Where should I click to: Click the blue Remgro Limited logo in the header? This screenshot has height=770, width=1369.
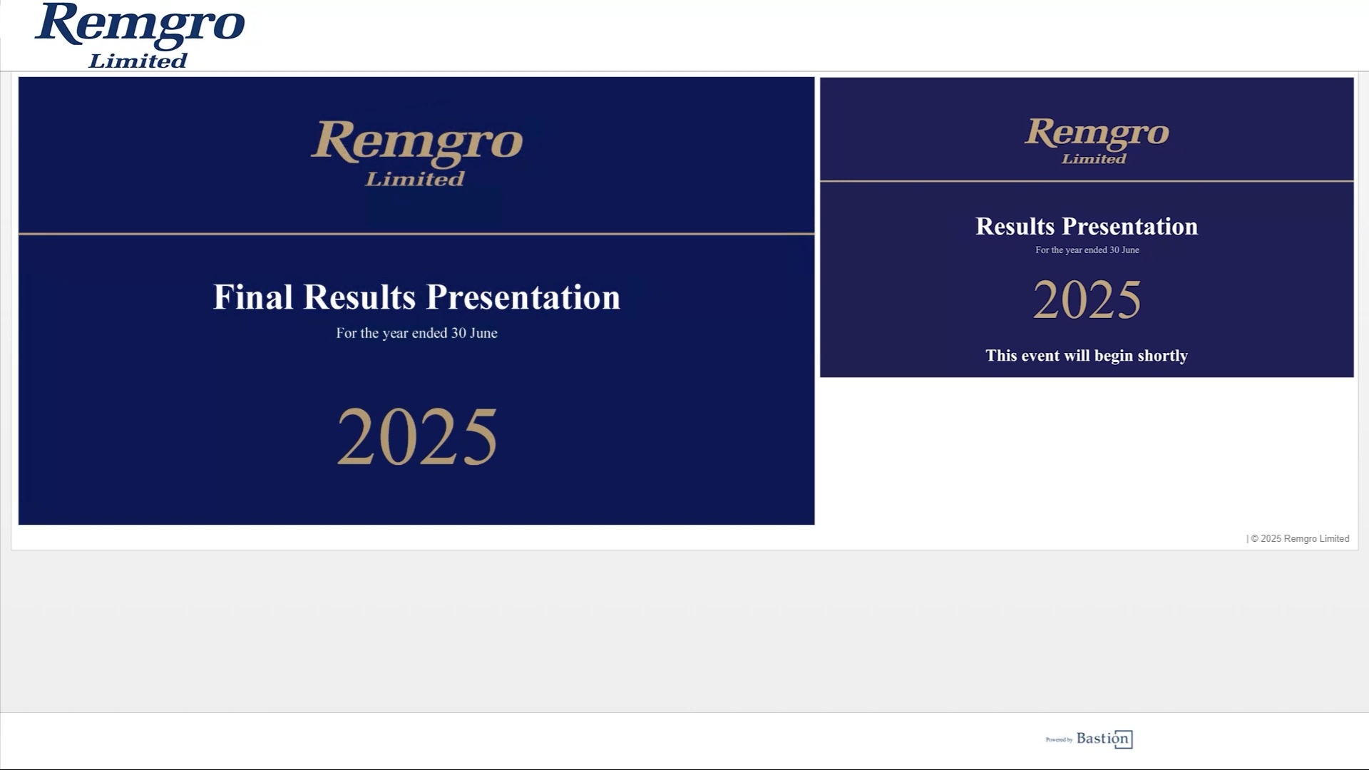tap(140, 36)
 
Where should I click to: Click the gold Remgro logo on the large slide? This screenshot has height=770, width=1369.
tap(416, 153)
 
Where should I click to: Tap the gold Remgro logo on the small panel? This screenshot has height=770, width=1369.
tap(1097, 140)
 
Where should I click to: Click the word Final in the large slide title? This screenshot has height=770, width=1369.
tap(253, 297)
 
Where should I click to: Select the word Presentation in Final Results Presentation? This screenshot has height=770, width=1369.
tap(523, 297)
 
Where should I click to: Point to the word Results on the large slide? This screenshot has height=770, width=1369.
tap(359, 297)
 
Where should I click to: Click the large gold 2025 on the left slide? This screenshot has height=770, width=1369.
tap(416, 436)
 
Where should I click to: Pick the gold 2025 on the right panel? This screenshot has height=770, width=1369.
tap(1087, 299)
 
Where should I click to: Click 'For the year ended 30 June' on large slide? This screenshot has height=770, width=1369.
tap(416, 333)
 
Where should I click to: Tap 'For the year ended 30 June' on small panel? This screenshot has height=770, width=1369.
tap(1087, 250)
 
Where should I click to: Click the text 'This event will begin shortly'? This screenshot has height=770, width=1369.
tap(1087, 356)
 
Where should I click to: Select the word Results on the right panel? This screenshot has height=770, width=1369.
tap(1015, 226)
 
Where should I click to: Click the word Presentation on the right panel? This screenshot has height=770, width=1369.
tap(1130, 226)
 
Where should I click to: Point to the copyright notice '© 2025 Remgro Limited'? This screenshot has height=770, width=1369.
tap(1300, 539)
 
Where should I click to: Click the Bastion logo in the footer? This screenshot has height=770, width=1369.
tap(1104, 739)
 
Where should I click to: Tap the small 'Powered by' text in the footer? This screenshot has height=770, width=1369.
tap(1059, 740)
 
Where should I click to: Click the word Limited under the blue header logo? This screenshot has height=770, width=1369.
tap(138, 61)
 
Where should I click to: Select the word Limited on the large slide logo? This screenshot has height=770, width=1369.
tap(415, 178)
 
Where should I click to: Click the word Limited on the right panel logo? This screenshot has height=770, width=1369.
tap(1094, 158)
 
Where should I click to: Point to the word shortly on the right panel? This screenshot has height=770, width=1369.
tap(1162, 356)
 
